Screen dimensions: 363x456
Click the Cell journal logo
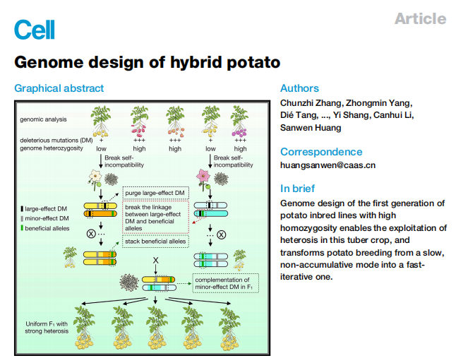(34, 30)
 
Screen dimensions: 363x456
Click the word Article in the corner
(420, 19)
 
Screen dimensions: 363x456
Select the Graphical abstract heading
(59, 88)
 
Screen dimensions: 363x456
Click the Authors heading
(299, 88)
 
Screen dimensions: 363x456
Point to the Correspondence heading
(321, 152)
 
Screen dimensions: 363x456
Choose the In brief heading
(298, 189)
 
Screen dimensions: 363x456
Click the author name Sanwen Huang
(311, 128)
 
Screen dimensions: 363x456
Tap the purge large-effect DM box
(155, 193)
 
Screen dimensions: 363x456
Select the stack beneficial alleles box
(156, 242)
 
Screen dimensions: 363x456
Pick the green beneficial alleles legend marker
(21, 229)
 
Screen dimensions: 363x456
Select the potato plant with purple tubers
(240, 122)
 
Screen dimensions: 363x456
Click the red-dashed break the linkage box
(155, 217)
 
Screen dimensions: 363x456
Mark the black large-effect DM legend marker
(21, 209)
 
